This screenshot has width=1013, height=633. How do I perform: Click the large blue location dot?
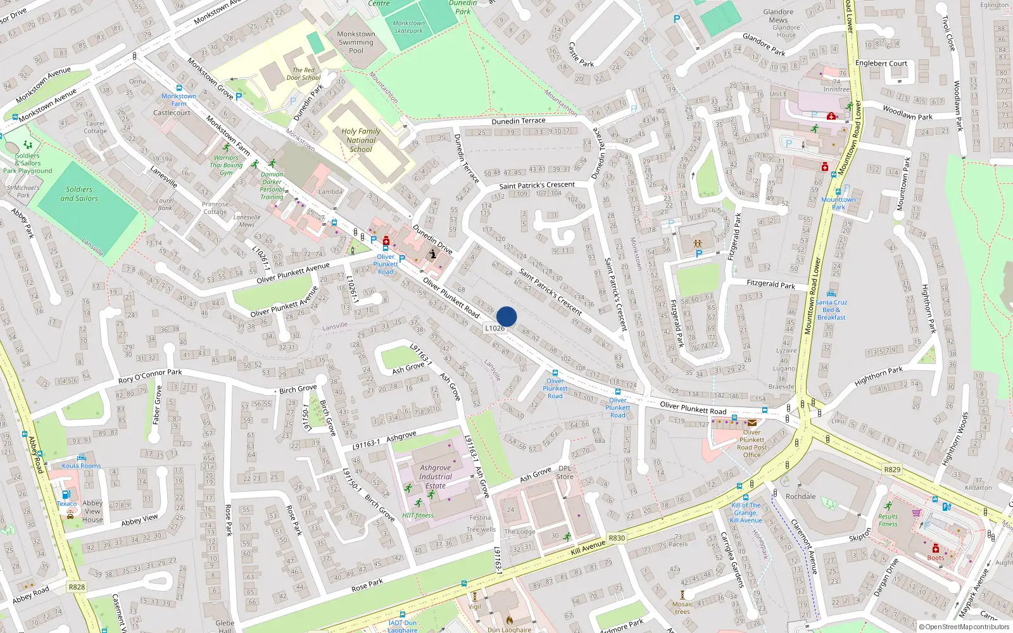pos(507,316)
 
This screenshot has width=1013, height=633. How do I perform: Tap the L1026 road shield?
pos(494,328)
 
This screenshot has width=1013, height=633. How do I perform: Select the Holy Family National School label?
pos(361,141)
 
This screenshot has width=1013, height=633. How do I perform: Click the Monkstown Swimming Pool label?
pos(356,42)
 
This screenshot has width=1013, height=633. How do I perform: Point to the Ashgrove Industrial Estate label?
pos(436,477)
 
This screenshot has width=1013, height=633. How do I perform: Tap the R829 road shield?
pos(892,469)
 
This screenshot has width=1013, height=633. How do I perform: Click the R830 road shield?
pos(617,538)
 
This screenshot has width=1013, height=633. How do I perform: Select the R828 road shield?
pos(77,587)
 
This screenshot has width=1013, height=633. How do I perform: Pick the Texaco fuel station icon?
pos(66,495)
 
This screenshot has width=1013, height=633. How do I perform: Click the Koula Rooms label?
pos(81,466)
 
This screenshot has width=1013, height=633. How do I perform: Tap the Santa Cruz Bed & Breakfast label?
pos(831,310)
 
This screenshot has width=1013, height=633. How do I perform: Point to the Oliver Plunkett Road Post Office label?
pos(752,443)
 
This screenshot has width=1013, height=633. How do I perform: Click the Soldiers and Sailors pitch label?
pos(79,194)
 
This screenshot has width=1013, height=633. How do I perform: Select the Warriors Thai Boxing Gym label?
pos(226,165)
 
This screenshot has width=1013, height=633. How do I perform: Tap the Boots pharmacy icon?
pos(935,548)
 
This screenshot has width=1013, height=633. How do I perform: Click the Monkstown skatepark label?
pos(409,27)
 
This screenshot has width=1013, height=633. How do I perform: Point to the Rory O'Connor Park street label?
pos(150,377)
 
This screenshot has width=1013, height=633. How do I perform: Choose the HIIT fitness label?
pos(418,515)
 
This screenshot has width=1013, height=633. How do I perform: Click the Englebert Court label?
pos(881,63)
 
